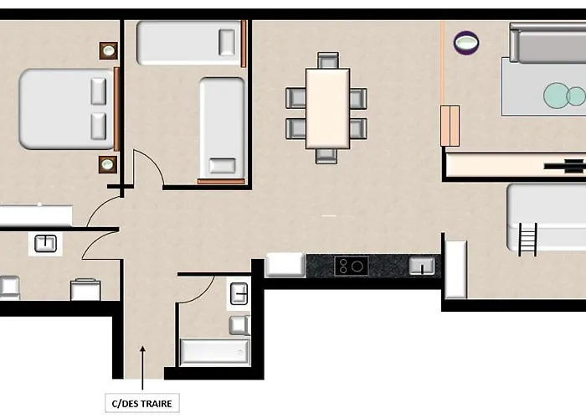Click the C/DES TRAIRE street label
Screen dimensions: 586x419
point(142,403)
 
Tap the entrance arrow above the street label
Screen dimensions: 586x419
point(142,368)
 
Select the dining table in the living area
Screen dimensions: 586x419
point(328,108)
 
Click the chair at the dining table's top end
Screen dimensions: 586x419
point(328,60)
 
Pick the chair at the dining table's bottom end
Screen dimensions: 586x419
point(326,156)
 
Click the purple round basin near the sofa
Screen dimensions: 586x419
point(466,42)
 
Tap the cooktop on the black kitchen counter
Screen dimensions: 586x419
point(352,266)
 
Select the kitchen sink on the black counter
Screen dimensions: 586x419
point(422,266)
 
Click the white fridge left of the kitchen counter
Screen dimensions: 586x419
point(285,265)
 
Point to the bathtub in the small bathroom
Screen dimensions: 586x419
point(214,352)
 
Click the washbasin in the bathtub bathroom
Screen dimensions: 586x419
point(239,293)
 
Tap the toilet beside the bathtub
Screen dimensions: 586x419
point(239,325)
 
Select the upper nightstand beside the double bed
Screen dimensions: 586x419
point(108,50)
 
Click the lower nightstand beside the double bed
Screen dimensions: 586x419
point(108,164)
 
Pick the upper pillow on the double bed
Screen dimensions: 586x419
point(98,91)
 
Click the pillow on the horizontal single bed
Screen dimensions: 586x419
point(227,42)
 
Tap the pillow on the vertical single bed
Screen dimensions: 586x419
point(223,166)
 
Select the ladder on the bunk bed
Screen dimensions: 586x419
point(527,240)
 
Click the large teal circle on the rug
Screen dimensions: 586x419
point(556,96)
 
